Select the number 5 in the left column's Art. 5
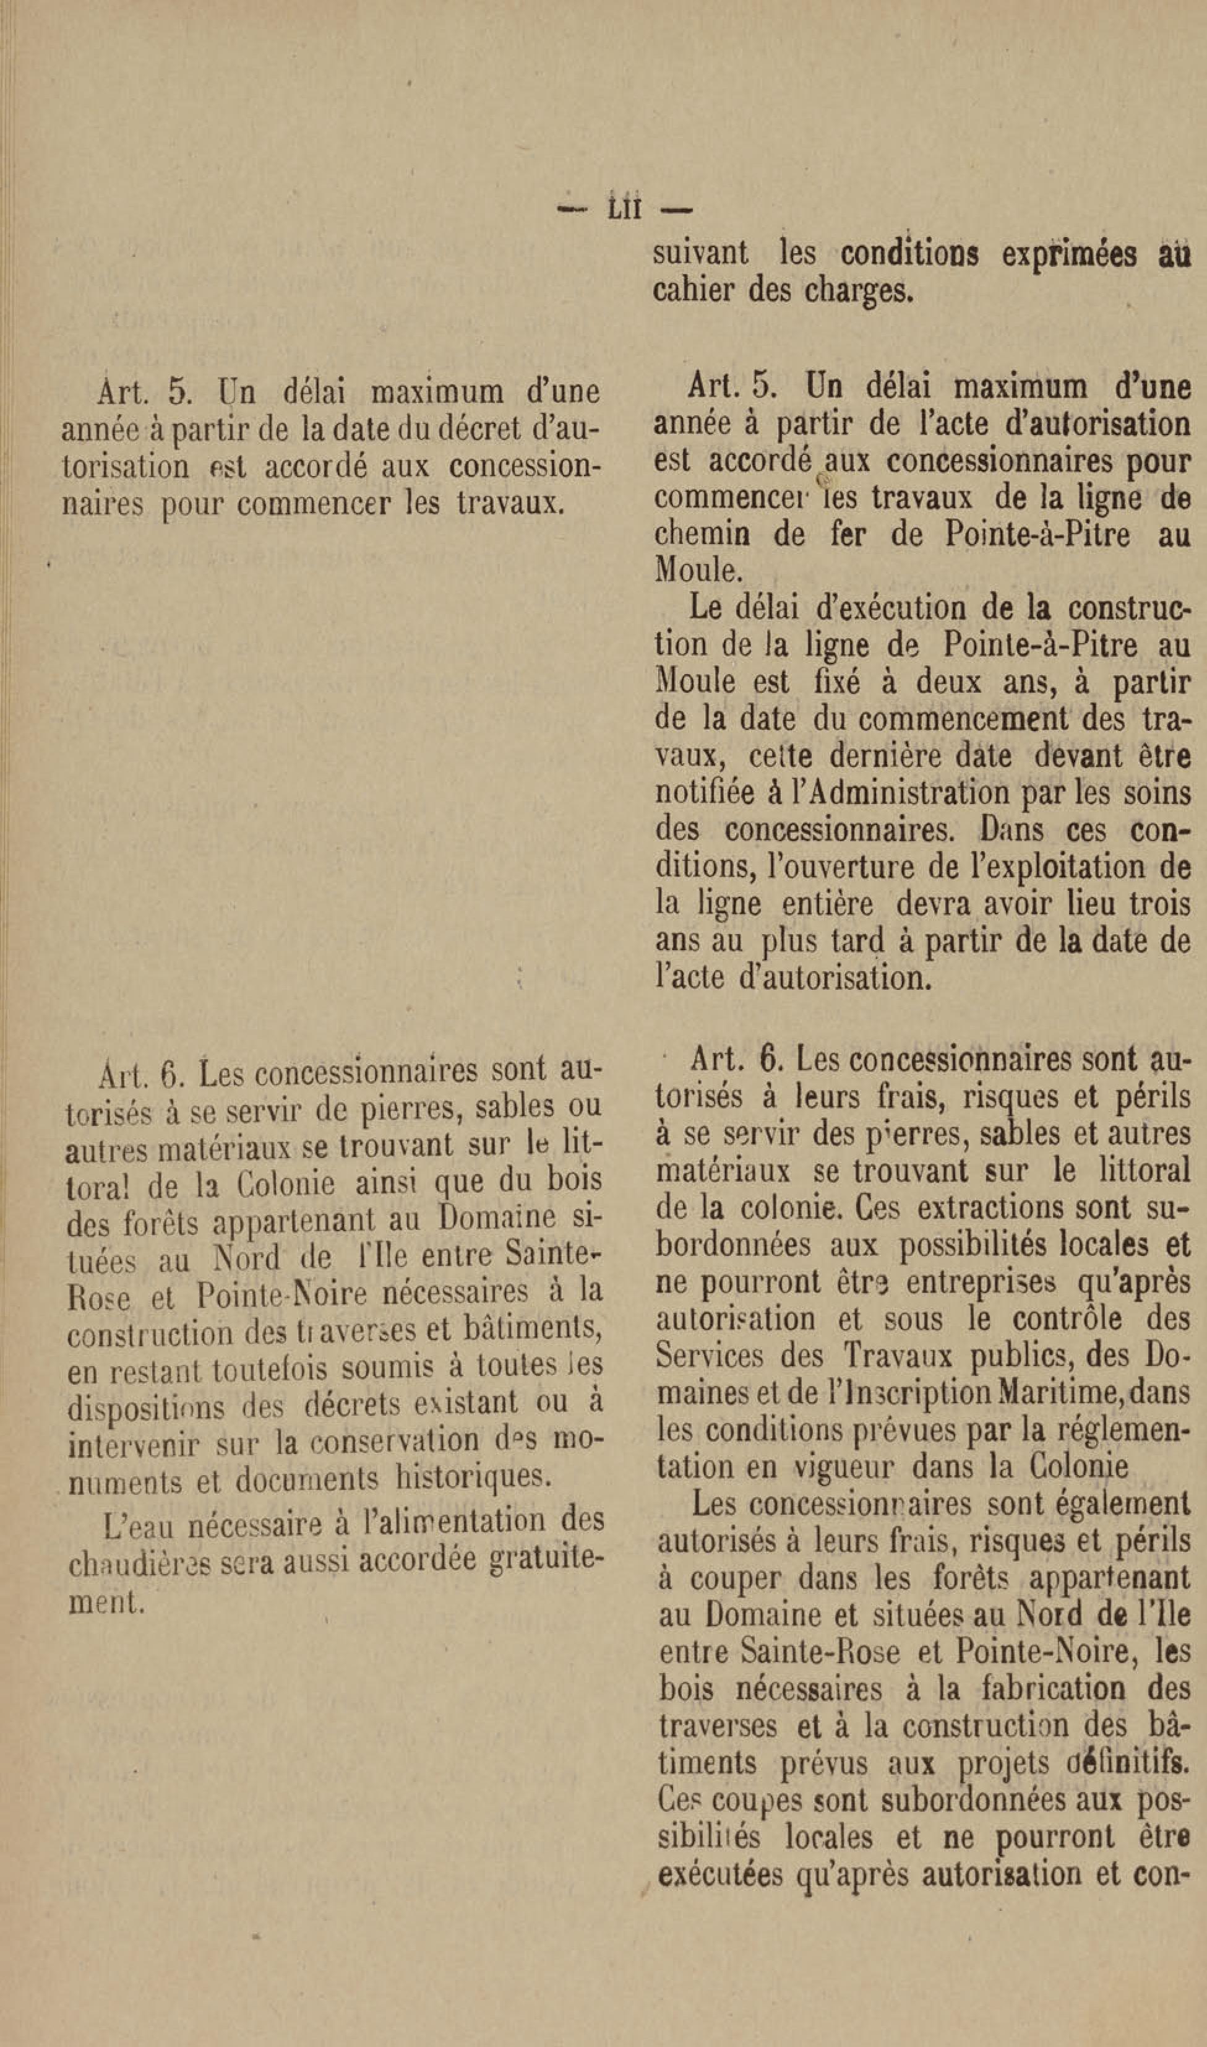click(x=179, y=392)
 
